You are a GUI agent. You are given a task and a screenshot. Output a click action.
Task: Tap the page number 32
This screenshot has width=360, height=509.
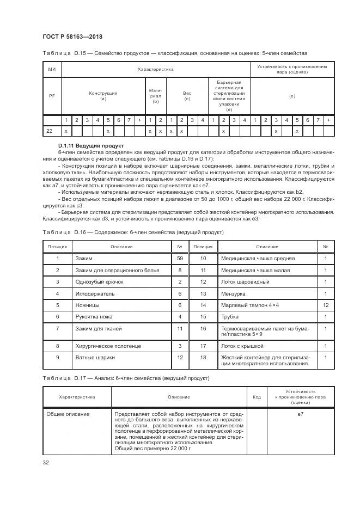tap(45, 463)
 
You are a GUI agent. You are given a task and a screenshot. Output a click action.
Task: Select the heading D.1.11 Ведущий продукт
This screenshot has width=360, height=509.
tap(90, 146)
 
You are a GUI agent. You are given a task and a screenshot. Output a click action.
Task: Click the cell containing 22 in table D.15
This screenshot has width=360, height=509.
tap(49, 131)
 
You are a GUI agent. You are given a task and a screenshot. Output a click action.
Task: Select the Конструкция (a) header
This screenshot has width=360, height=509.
tap(103, 96)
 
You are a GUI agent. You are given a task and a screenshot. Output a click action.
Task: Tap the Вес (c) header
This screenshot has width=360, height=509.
tap(187, 96)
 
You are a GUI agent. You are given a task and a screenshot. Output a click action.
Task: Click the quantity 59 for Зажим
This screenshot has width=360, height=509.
tap(179, 259)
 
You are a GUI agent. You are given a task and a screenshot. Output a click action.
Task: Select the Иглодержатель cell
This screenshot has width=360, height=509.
tap(92, 293)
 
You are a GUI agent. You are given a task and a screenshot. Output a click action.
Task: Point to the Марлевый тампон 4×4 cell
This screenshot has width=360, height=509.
tap(250, 305)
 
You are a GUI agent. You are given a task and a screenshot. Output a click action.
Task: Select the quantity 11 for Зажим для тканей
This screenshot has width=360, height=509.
tap(179, 329)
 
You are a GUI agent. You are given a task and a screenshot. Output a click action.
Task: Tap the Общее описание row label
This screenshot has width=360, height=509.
tap(69, 415)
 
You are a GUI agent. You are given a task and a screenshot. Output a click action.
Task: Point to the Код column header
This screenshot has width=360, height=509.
tap(257, 397)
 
